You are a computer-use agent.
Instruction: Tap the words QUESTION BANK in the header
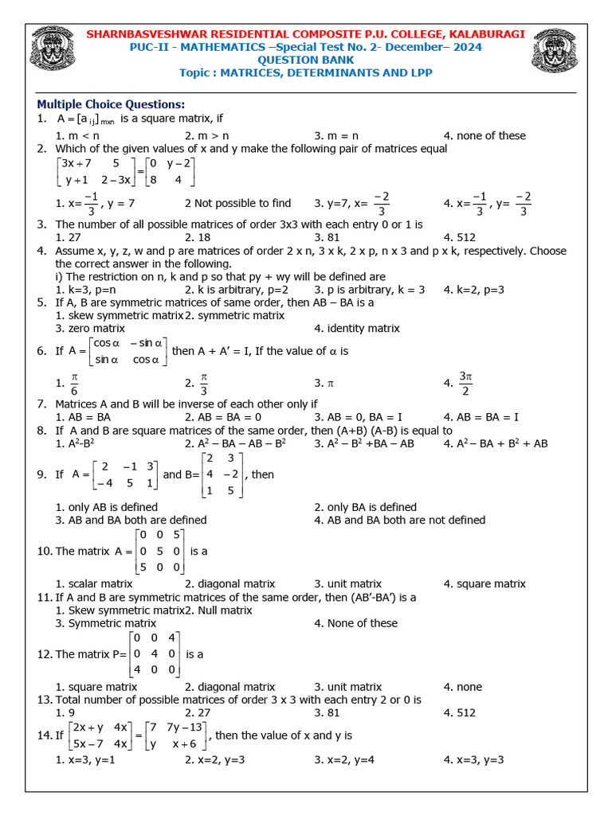click(305, 60)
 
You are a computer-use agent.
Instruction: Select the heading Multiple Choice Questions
click(111, 104)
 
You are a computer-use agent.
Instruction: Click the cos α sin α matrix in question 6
click(127, 351)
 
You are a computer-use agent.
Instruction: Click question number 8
click(42, 430)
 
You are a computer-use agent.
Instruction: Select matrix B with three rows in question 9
click(225, 474)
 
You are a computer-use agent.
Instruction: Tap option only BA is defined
click(365, 507)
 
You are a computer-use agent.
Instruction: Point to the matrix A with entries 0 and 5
click(160, 551)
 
